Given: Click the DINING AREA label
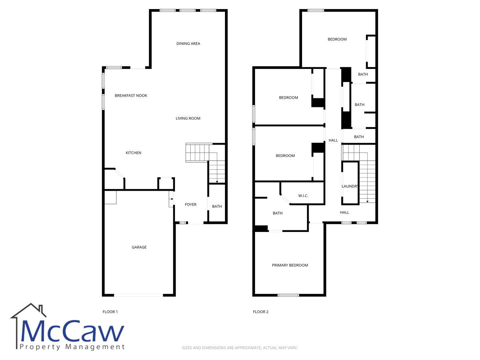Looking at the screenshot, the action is coord(188,43).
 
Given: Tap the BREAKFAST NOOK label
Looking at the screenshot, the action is coord(131,96).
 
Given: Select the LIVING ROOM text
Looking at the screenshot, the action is coord(188,118).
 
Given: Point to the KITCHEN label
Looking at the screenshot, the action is coord(133,153).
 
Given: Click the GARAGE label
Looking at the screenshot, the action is coord(139,247).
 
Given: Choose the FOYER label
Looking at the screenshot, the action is coord(190,205).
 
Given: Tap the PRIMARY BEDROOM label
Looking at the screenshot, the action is coord(290,265).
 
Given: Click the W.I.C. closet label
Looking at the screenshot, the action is coord(303,196).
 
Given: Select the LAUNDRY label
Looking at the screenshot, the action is coord(350,186).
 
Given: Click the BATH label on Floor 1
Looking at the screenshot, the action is coord(217,206).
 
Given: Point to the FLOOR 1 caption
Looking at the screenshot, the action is coord(110,312).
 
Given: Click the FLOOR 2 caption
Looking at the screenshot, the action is coord(261,312).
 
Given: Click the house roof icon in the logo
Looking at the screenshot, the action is coord(28,311).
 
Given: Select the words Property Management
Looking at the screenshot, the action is coord(72,347).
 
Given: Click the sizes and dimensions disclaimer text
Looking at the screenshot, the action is coord(240,348).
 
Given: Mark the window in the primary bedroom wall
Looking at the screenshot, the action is coord(288,295).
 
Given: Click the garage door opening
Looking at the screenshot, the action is coord(139,295).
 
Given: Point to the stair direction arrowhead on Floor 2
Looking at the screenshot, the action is coord(367,202).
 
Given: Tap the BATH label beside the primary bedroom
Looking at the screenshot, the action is coord(278,213).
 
